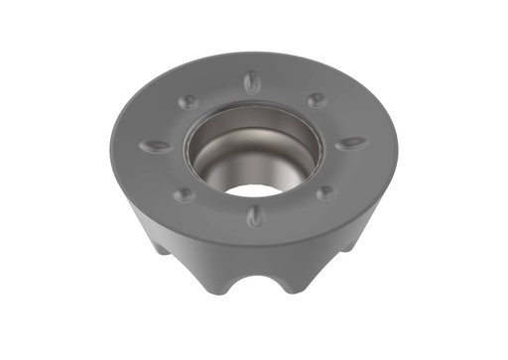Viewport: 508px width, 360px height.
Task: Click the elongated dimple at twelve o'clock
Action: pyautogui.click(x=254, y=81)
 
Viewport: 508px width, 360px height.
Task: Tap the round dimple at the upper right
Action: pyautogui.click(x=317, y=100)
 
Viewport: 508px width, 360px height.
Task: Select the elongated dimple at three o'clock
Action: pyautogui.click(x=350, y=143)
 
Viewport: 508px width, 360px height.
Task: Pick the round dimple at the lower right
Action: pyautogui.click(x=325, y=192)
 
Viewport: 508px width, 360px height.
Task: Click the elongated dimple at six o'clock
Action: pyautogui.click(x=255, y=216)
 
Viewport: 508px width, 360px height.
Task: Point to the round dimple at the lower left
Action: pyautogui.click(x=185, y=195)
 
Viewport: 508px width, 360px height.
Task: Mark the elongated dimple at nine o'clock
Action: pyautogui.click(x=156, y=146)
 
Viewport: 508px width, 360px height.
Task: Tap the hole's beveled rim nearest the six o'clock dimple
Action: pyautogui.click(x=254, y=200)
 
